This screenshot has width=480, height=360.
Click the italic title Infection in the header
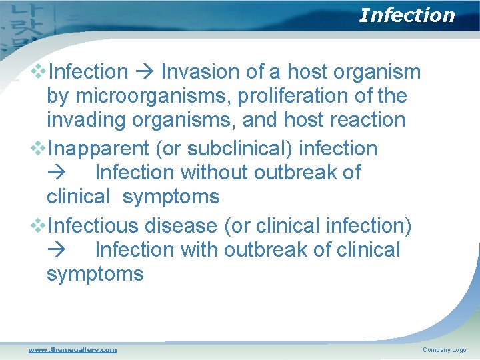click(407, 15)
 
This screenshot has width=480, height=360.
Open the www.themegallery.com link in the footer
click(72, 349)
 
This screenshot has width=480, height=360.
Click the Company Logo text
click(444, 350)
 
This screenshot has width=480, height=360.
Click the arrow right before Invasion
click(145, 72)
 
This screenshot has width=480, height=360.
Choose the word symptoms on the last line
click(95, 273)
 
